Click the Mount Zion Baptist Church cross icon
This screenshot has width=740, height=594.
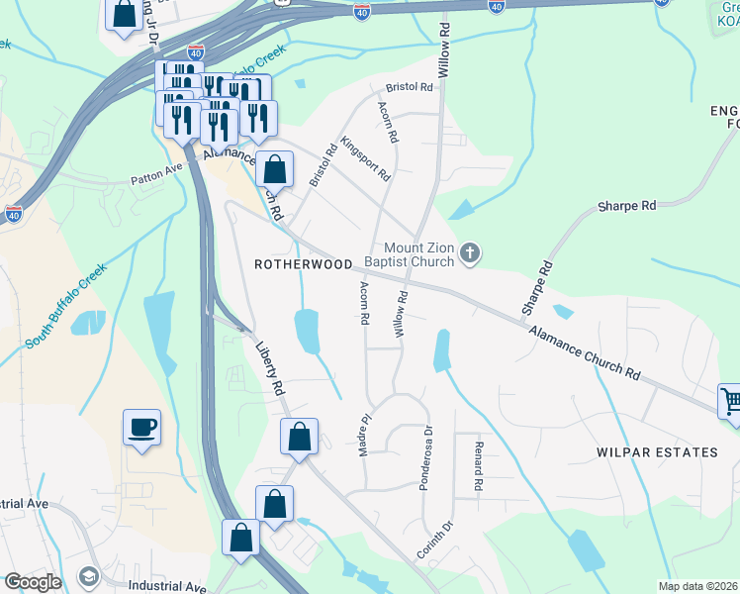(470, 254)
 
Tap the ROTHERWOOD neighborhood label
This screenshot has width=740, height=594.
(304, 264)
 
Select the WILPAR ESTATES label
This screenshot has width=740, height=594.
(657, 452)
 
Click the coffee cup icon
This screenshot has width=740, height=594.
(141, 428)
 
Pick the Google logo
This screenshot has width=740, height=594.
(32, 582)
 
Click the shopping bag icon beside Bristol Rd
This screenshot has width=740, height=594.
(275, 169)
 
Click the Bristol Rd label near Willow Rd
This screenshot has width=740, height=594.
(411, 87)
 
